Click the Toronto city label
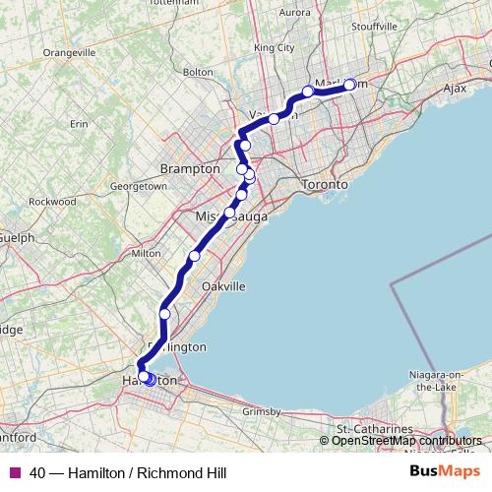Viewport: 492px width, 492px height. (325, 185)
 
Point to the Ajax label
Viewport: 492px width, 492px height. (454, 88)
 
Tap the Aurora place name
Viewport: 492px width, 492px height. (295, 13)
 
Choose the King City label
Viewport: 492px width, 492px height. (274, 47)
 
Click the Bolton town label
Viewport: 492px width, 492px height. (198, 72)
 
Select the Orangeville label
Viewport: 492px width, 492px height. (68, 51)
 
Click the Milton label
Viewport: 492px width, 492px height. (146, 253)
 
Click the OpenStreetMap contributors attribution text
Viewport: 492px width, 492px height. (406, 441)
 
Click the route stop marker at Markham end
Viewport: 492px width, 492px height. (349, 85)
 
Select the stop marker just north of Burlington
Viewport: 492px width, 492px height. (164, 314)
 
